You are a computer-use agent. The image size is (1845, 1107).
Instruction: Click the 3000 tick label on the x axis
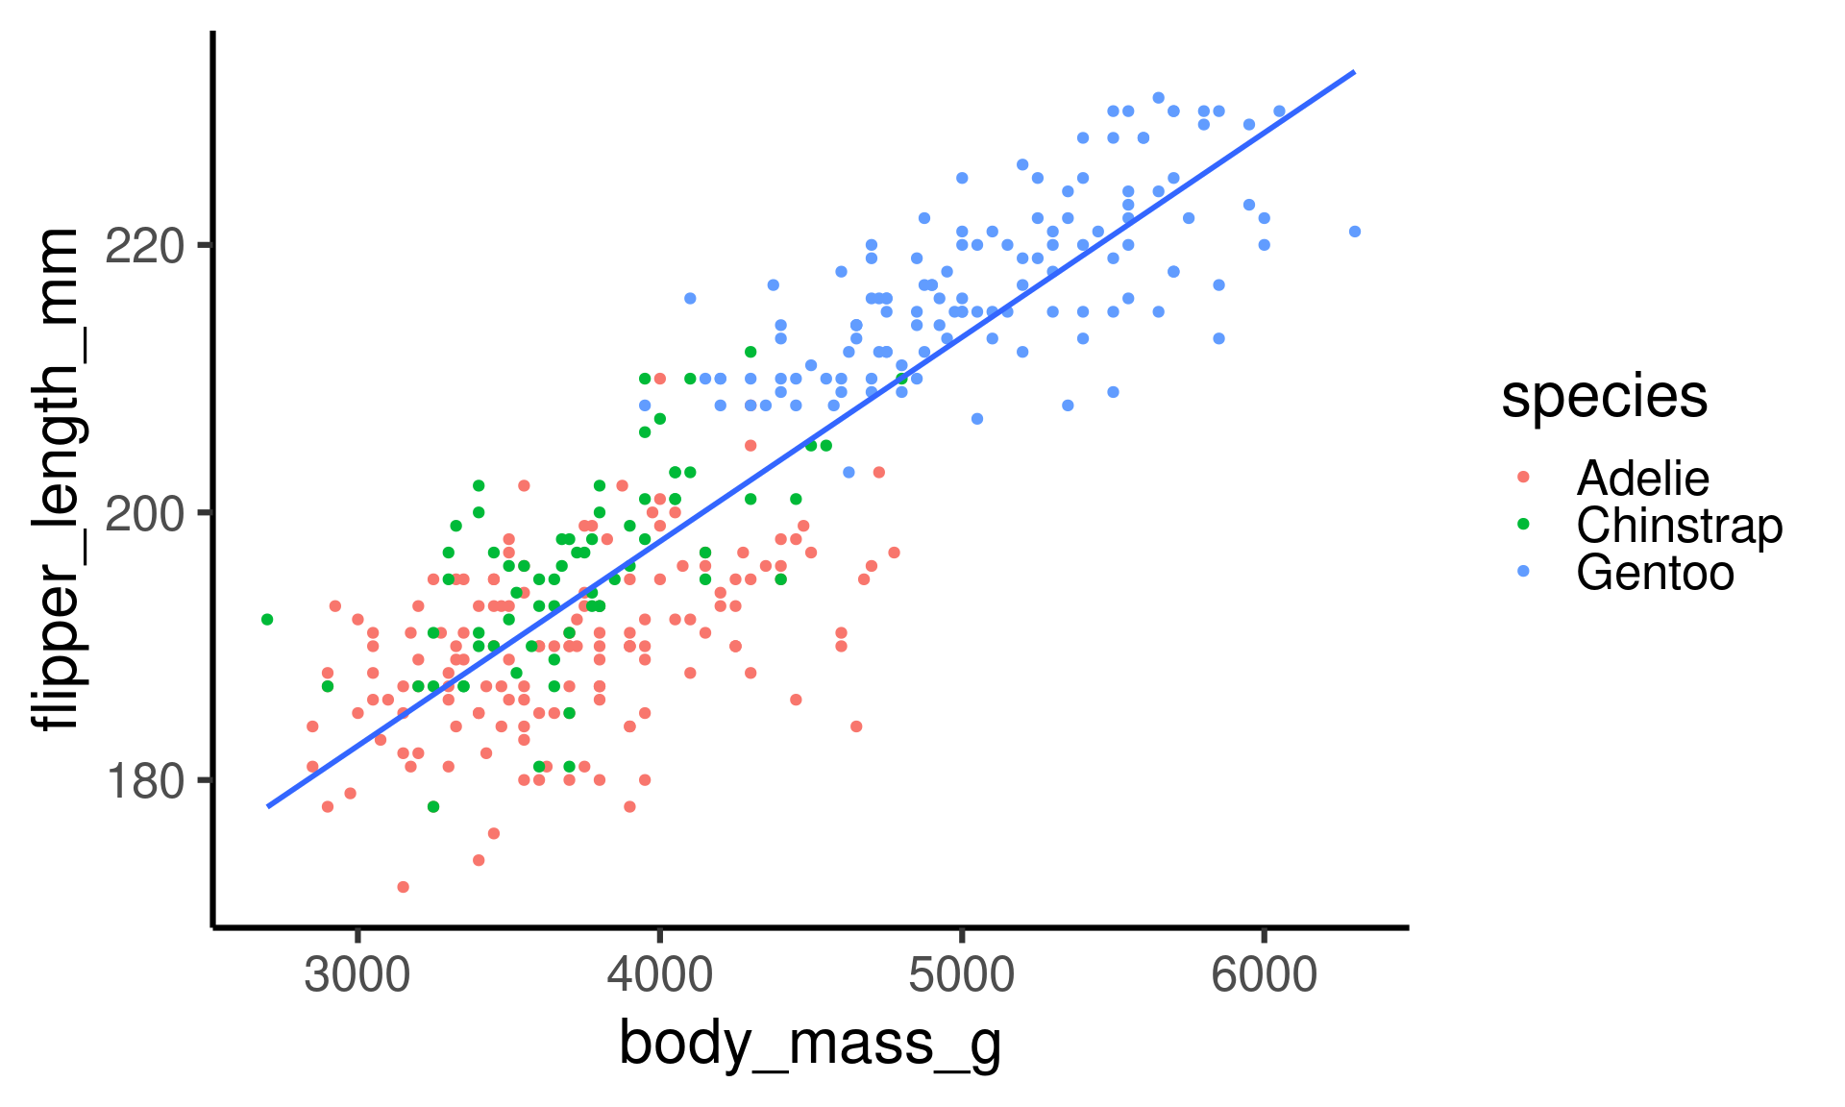click(357, 976)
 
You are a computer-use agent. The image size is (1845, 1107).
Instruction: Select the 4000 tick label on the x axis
click(659, 976)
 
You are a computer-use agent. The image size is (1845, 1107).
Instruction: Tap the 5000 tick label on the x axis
click(961, 976)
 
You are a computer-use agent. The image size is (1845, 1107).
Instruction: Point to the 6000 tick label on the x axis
click(1263, 976)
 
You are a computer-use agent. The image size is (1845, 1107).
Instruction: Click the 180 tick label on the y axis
click(144, 781)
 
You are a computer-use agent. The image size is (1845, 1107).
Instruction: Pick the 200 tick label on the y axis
click(144, 514)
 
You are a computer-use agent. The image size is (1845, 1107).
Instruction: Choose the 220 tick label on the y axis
click(144, 247)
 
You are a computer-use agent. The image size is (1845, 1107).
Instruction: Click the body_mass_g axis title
click(810, 1045)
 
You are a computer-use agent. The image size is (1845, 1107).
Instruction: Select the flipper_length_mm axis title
click(56, 480)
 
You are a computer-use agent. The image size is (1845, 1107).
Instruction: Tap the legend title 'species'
click(1604, 396)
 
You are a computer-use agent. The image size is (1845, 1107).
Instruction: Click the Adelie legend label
click(1642, 479)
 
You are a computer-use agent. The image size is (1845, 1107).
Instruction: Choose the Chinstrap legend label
click(1679, 526)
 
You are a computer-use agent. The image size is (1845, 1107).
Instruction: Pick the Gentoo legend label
click(1655, 573)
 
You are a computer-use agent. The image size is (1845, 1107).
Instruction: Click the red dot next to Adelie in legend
click(1523, 478)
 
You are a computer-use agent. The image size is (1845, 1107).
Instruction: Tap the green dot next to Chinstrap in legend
click(1523, 525)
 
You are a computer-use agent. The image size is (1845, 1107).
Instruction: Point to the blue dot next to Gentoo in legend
click(1523, 572)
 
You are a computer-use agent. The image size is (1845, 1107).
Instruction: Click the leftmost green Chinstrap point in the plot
click(267, 620)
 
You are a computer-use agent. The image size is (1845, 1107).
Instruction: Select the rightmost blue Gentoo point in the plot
click(1355, 232)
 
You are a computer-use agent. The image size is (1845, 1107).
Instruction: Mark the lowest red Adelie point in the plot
click(403, 887)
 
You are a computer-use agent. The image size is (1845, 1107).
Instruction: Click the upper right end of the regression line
click(1353, 72)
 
